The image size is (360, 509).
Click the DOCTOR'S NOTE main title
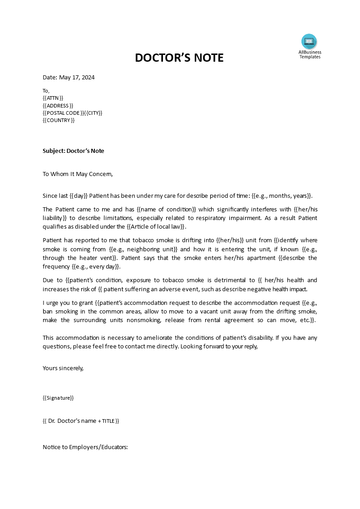click(179, 58)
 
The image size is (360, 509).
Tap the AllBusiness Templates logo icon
click(309, 42)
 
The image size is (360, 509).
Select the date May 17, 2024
click(77, 77)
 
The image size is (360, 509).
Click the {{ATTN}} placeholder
click(53, 98)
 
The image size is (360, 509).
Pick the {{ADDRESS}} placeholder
click(58, 105)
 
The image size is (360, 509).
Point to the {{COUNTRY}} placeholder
click(59, 120)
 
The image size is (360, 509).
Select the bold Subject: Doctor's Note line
click(73, 151)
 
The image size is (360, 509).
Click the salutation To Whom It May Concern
click(77, 173)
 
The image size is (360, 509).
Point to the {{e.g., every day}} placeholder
click(96, 267)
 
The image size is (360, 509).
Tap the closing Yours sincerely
click(63, 368)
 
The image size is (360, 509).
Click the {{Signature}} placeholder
click(58, 398)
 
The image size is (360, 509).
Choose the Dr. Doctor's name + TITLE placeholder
click(81, 421)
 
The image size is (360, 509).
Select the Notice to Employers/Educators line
click(85, 447)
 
